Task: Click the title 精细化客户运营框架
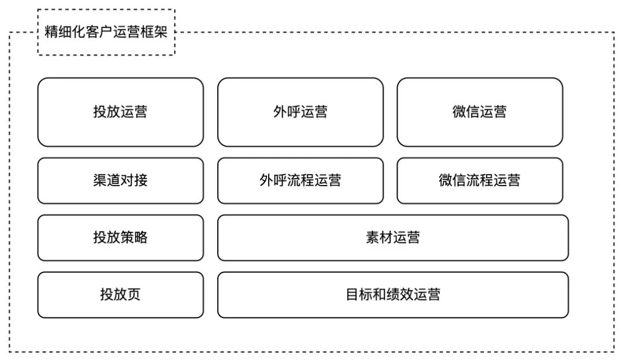(106, 32)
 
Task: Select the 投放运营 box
(121, 112)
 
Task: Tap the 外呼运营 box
(300, 112)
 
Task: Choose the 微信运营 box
(480, 112)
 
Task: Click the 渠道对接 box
(121, 181)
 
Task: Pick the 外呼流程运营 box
(300, 181)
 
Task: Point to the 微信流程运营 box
(480, 181)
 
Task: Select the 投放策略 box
(121, 238)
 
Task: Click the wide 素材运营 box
(393, 238)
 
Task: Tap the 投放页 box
(121, 295)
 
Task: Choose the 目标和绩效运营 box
(393, 295)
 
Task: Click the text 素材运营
(393, 238)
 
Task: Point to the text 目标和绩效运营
(393, 295)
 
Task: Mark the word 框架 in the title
(154, 32)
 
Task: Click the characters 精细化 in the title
(65, 32)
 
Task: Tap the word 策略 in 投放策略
(134, 238)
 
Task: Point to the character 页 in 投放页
(134, 295)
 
